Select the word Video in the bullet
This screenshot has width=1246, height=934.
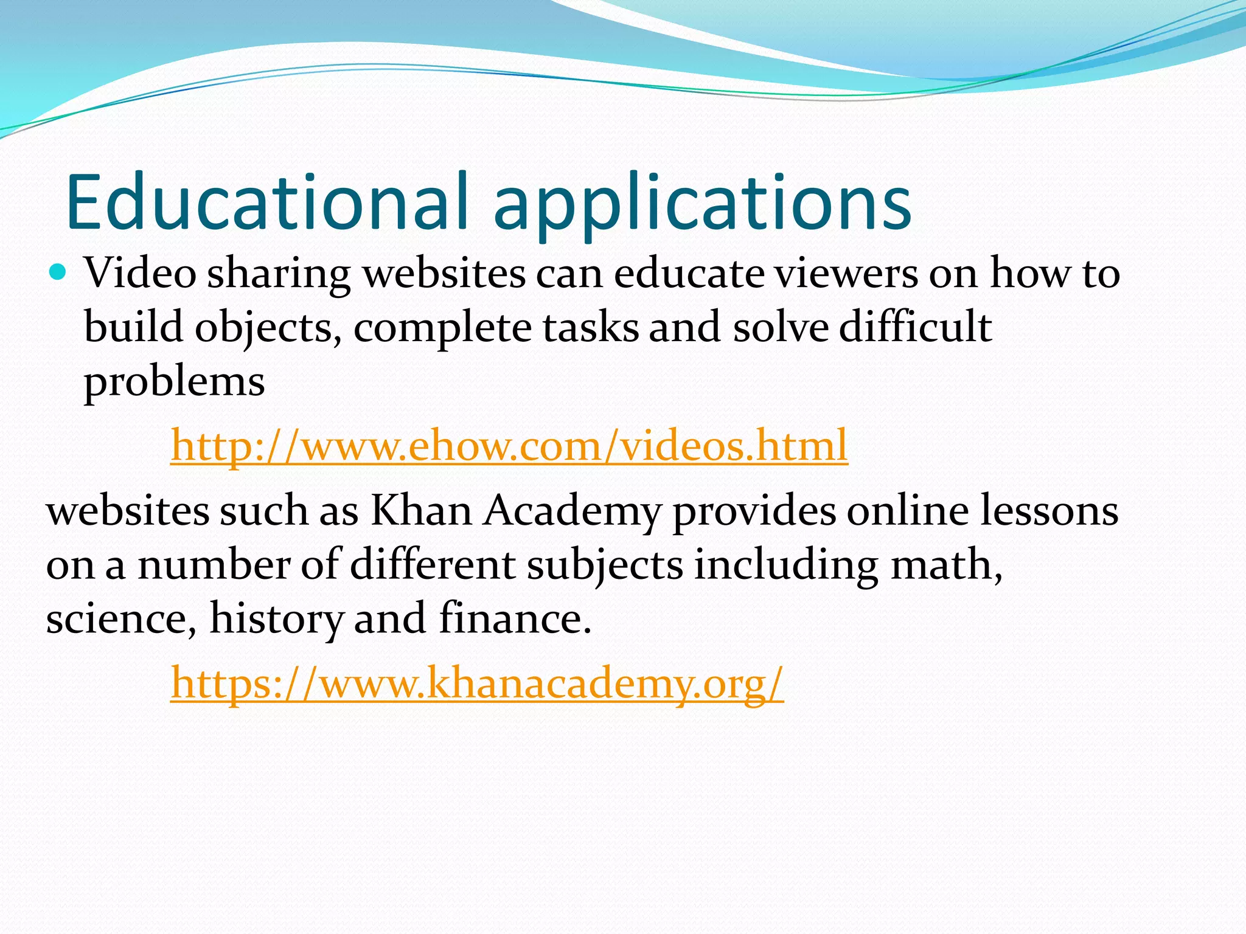[x=140, y=273]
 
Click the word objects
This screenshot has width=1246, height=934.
[x=268, y=328]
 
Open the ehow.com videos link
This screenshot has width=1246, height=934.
[x=509, y=445]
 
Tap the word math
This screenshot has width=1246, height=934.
[x=945, y=564]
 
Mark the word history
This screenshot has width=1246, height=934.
[x=277, y=619]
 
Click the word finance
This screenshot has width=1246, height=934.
[x=515, y=618]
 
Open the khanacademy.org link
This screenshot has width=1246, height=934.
[x=477, y=683]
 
